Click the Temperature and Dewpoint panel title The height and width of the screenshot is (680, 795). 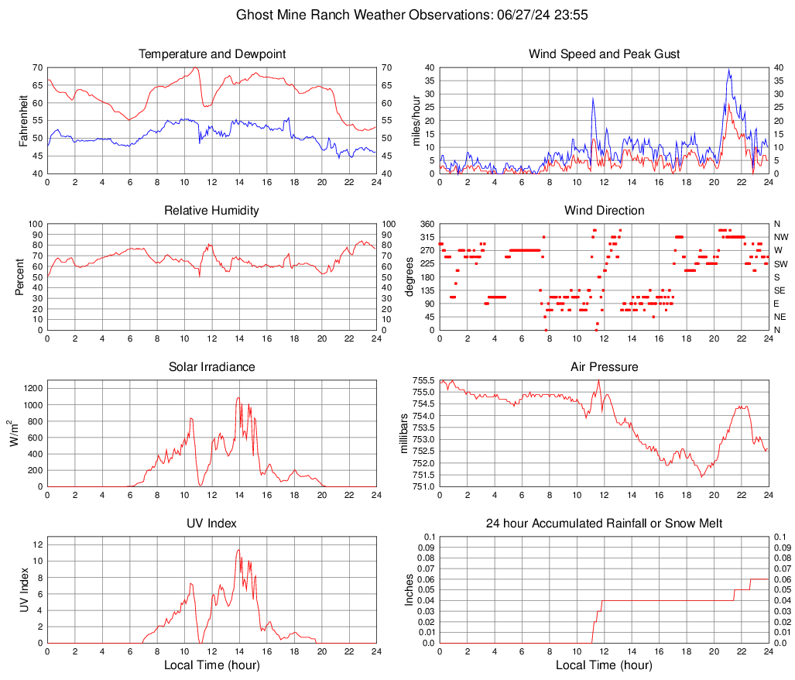point(212,54)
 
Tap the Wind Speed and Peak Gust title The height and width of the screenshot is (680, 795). point(604,54)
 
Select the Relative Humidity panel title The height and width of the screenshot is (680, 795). point(212,211)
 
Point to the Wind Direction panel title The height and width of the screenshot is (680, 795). point(604,211)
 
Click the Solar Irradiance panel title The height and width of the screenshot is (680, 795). point(212,367)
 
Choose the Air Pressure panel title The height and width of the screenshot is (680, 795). point(604,367)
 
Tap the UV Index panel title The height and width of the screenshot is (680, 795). point(212,524)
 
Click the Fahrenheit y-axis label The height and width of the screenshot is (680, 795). point(22,120)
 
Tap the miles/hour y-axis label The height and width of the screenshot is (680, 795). point(416,120)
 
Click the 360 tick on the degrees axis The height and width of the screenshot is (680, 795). point(425,224)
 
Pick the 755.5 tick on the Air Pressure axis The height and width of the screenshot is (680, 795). point(423,380)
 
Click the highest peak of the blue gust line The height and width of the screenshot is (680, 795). point(728,70)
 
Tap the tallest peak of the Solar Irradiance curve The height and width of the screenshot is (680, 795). point(238,398)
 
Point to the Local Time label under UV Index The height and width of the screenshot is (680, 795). point(212,665)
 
